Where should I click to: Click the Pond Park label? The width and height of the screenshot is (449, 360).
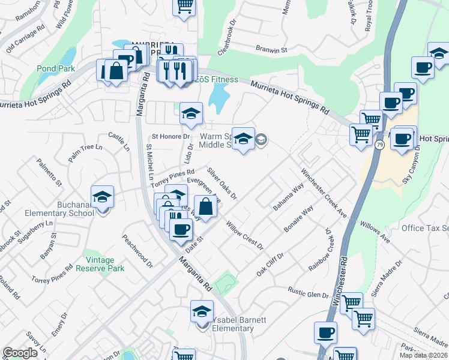[56, 68]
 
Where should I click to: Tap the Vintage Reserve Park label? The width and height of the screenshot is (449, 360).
[100, 264]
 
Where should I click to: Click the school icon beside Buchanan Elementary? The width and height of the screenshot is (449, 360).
[102, 197]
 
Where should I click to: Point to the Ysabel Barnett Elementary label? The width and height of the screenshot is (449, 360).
[232, 324]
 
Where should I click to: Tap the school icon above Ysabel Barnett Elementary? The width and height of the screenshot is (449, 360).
[202, 311]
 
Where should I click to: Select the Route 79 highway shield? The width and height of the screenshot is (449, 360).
[379, 145]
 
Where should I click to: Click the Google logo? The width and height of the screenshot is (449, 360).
[20, 353]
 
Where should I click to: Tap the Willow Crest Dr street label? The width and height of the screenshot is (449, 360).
[244, 235]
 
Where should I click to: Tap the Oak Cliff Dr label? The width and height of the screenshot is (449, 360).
[270, 264]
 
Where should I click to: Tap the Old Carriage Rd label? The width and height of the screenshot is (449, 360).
[25, 40]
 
